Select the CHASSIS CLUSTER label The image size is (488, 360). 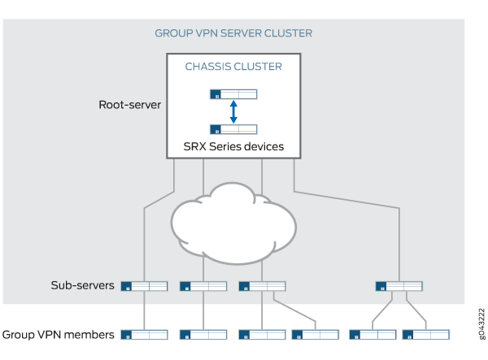233,67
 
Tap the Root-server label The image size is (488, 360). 129,104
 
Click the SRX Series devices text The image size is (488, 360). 233,147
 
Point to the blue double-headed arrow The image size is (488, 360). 233,111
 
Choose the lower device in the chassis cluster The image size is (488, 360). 233,128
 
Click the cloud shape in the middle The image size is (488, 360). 233,219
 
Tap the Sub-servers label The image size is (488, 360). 83,286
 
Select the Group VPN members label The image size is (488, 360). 57,334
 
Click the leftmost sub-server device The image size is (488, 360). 144,286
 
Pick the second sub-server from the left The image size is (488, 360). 203,286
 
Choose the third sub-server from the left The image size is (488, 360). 262,286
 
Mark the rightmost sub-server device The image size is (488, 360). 399,286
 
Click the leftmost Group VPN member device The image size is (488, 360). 144,334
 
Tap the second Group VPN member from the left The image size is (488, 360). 203,334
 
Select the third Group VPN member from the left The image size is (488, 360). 262,334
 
